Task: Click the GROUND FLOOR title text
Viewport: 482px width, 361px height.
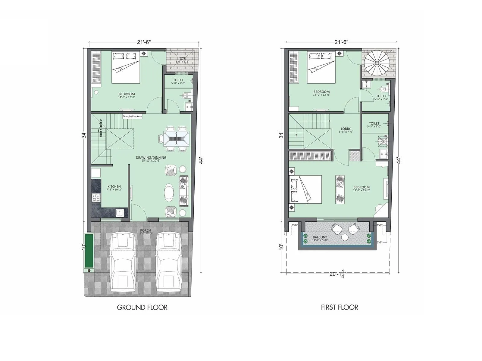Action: [142, 307]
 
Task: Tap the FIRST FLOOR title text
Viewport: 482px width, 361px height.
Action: [339, 307]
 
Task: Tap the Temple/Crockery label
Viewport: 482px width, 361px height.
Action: [132, 116]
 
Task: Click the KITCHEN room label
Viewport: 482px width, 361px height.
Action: [114, 187]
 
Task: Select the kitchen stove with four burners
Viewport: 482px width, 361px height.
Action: [96, 198]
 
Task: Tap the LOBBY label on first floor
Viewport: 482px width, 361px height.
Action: [346, 129]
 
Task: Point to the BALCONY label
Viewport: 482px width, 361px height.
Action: [320, 237]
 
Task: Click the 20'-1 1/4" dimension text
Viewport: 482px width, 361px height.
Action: [338, 274]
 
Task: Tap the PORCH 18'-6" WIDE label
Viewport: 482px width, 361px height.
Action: [146, 232]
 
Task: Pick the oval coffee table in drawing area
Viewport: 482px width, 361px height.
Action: [169, 193]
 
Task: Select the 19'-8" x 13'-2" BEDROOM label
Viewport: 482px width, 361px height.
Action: [361, 189]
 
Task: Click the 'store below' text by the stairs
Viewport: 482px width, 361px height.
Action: [101, 128]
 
